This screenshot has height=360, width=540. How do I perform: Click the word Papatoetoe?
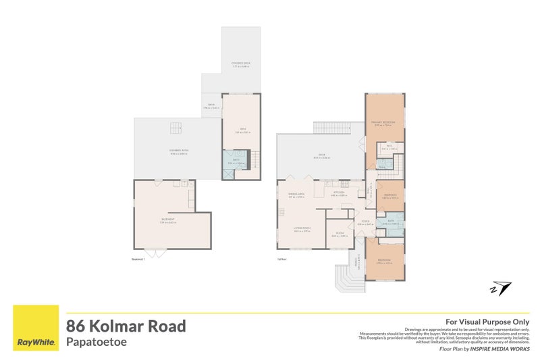[97, 342]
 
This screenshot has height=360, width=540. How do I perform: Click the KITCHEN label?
[339, 193]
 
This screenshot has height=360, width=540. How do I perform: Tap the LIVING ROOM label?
[301, 230]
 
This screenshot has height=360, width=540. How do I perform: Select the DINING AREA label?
[297, 195]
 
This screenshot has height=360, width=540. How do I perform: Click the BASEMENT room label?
[168, 220]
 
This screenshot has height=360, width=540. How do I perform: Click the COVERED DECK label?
[241, 64]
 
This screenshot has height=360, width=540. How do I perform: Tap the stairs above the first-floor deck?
[329, 128]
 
